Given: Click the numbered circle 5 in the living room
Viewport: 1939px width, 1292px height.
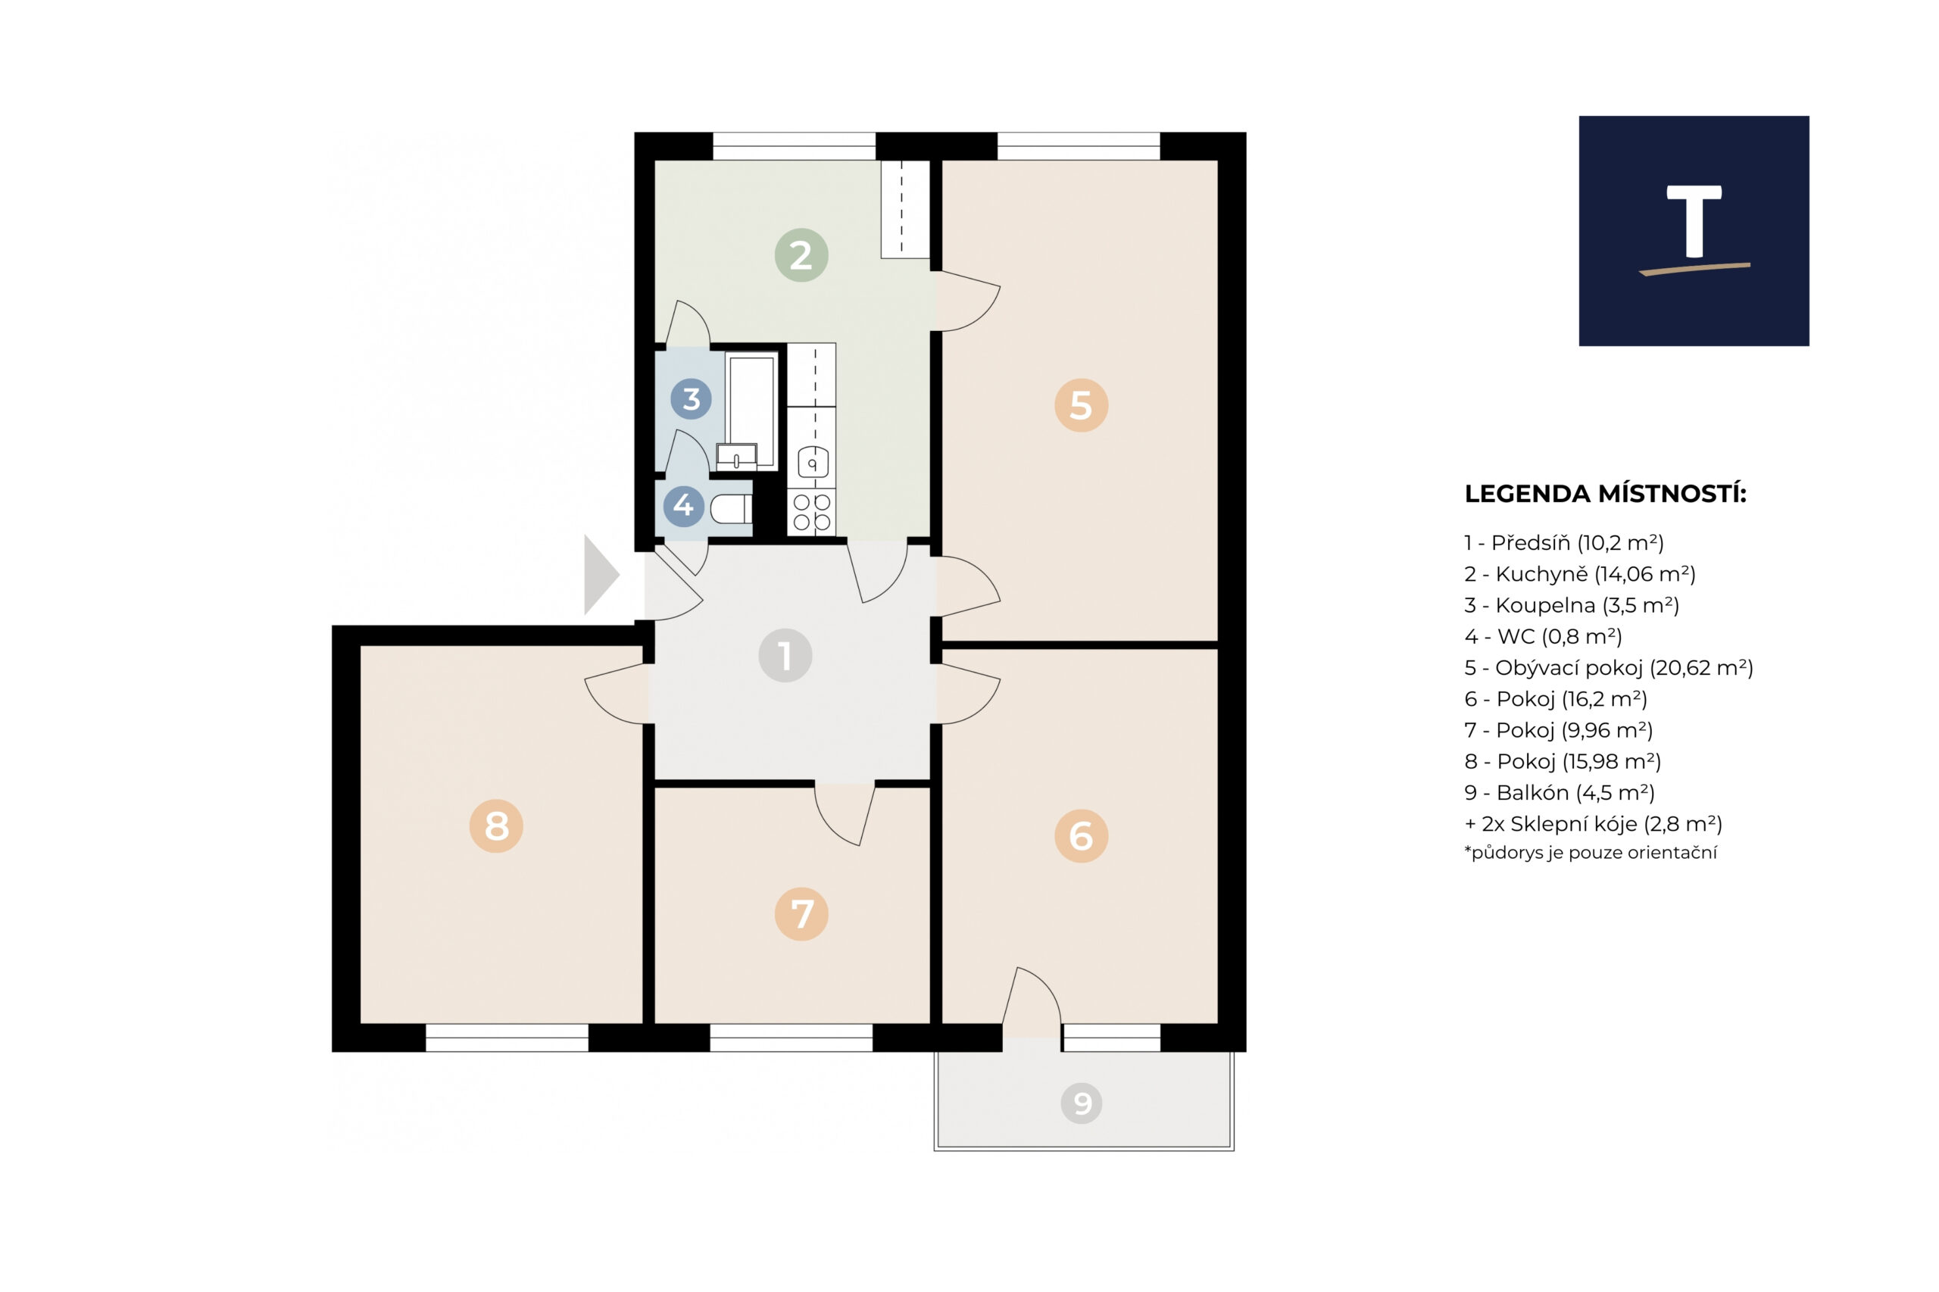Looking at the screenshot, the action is (1080, 405).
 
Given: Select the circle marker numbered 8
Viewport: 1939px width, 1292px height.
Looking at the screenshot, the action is (496, 825).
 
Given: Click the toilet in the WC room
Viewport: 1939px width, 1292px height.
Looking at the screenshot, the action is (730, 509).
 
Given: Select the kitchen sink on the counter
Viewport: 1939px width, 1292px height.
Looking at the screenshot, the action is (813, 463).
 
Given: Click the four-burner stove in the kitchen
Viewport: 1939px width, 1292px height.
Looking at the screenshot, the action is (812, 512).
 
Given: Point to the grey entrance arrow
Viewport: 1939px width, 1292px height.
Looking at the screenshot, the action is (601, 575).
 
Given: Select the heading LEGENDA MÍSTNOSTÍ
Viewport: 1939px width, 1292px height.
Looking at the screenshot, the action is (1605, 495).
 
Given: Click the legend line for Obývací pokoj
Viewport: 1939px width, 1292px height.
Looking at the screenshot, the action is (1609, 667).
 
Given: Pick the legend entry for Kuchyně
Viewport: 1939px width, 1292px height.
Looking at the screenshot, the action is (1580, 574).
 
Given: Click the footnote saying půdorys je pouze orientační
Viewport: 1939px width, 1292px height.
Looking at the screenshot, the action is (1591, 853).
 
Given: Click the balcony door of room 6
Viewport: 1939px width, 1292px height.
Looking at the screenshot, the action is (1032, 1001).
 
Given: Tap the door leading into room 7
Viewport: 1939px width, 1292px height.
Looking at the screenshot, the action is (844, 814).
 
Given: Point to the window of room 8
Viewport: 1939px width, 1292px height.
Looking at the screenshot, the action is (507, 1038).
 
